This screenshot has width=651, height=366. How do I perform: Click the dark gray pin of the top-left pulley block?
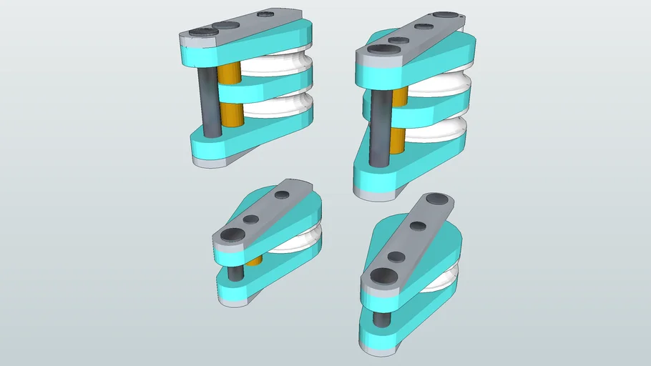click(x=210, y=100)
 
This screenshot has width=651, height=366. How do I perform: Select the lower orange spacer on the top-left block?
click(x=230, y=114)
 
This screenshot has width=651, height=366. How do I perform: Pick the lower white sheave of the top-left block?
click(x=275, y=106)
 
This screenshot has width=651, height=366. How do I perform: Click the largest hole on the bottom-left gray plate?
click(x=232, y=234)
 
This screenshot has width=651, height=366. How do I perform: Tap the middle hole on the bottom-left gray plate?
click(x=251, y=219)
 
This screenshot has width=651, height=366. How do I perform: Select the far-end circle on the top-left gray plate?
click(x=266, y=14)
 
